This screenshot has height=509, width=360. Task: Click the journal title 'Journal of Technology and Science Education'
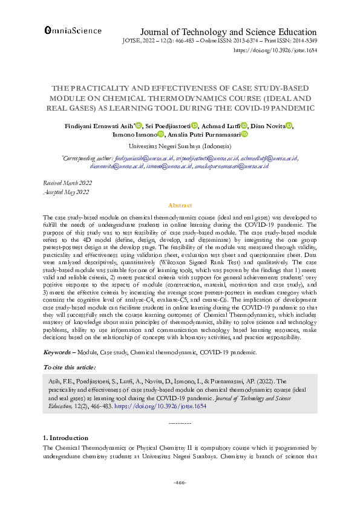[x=228, y=31]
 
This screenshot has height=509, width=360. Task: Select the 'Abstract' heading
[x=180, y=206]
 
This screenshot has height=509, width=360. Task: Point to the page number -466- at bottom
[x=180, y=482]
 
